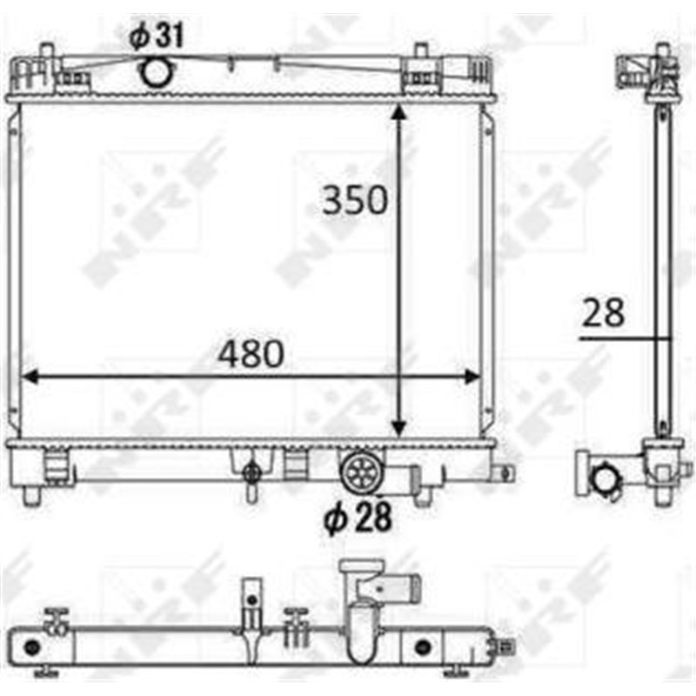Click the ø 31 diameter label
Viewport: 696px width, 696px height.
pos(157,36)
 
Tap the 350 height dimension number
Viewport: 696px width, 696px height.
pos(354,200)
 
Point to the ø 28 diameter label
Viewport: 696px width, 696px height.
pos(358,519)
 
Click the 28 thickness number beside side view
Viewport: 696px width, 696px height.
pos(603,312)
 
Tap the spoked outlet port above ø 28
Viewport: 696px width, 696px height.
pos(358,472)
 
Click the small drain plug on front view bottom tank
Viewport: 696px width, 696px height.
pos(252,473)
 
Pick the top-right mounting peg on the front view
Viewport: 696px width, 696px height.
pos(422,54)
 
